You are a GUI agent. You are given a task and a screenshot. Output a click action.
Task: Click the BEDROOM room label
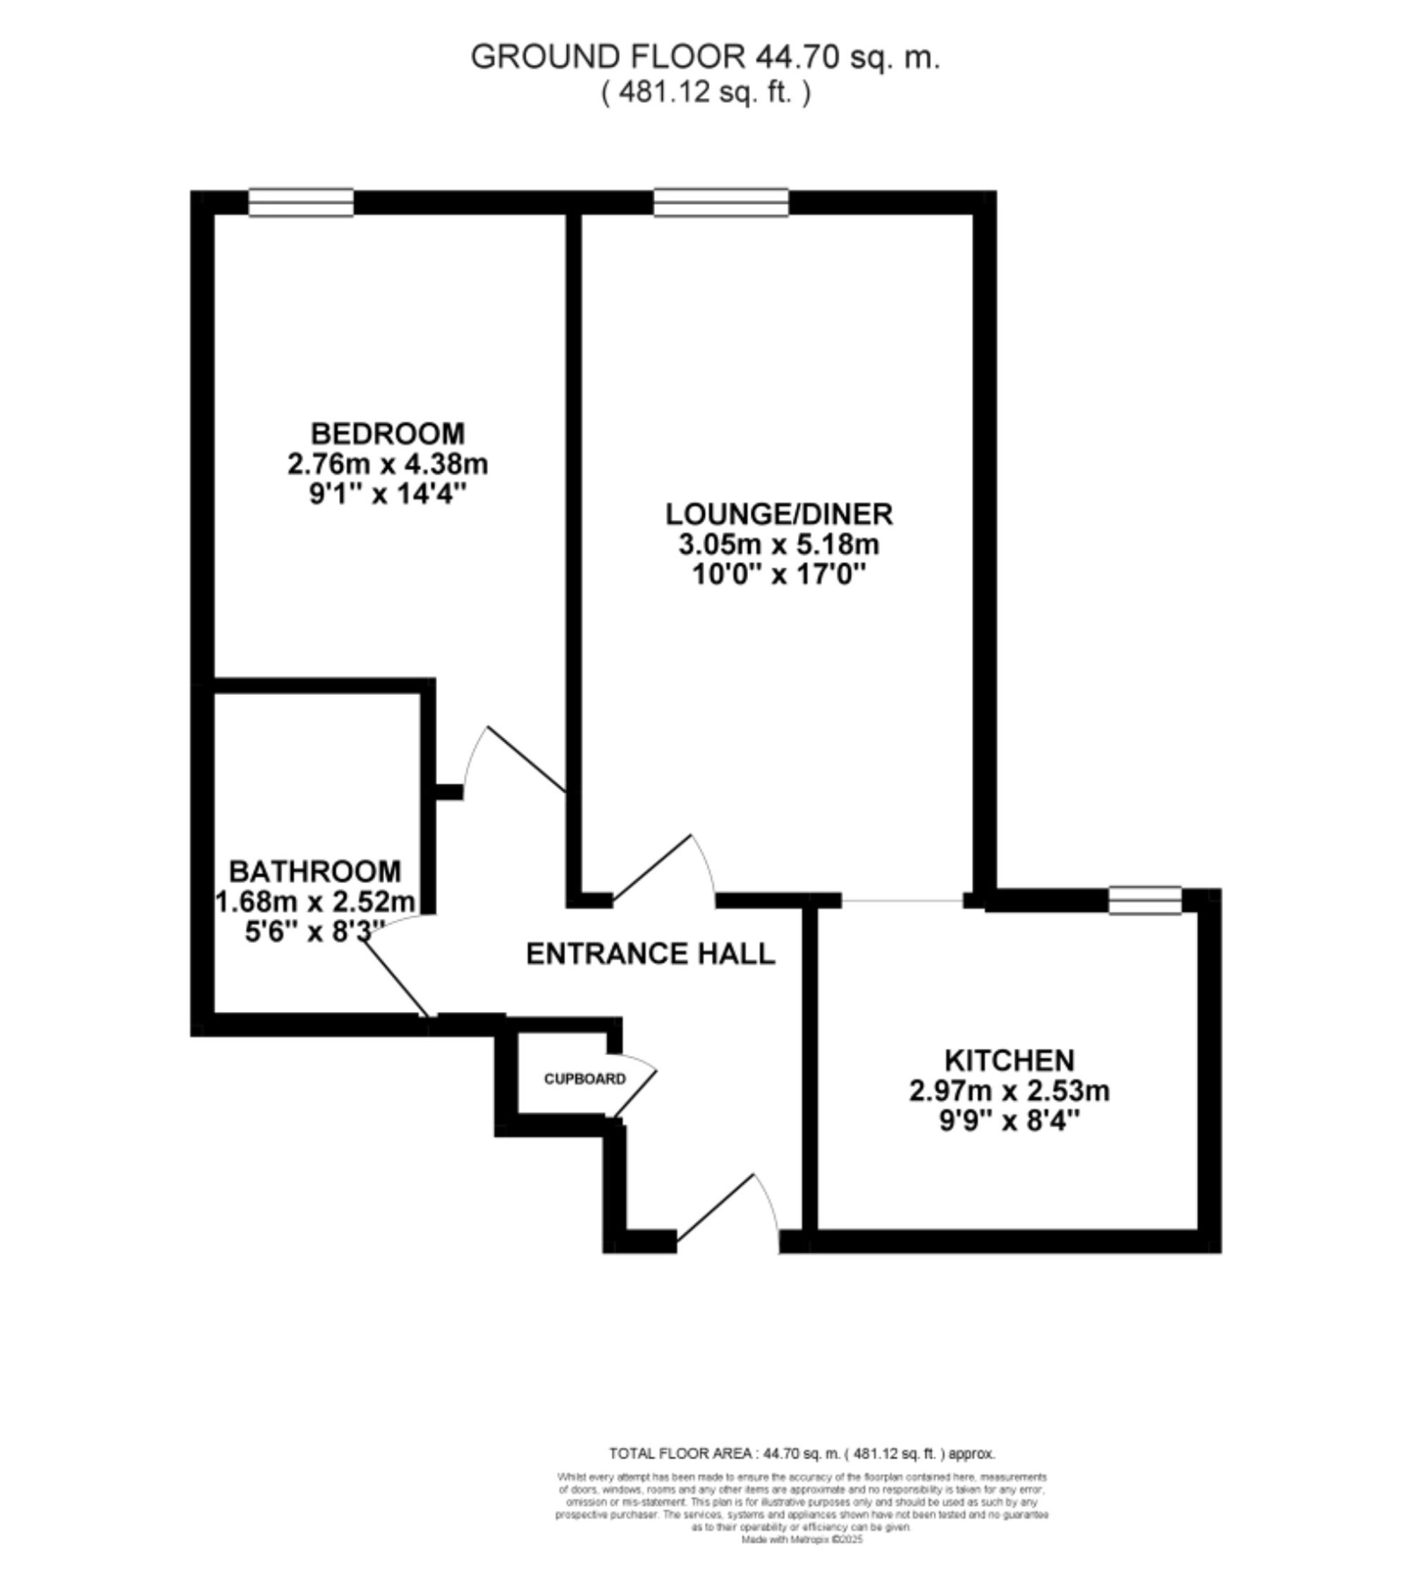pyautogui.click(x=387, y=433)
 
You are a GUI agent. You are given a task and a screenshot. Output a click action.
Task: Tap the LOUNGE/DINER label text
pyautogui.click(x=778, y=515)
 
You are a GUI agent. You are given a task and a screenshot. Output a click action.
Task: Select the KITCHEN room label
pyautogui.click(x=1009, y=1060)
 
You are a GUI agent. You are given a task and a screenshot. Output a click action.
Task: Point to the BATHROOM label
pyautogui.click(x=314, y=872)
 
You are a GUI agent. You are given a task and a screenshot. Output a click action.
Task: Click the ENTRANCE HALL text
pyautogui.click(x=650, y=954)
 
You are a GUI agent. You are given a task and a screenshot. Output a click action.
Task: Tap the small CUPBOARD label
pyautogui.click(x=584, y=1079)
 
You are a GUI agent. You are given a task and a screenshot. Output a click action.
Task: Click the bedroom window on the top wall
pyautogui.click(x=300, y=202)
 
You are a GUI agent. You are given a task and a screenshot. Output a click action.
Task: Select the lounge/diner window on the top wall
pyautogui.click(x=721, y=202)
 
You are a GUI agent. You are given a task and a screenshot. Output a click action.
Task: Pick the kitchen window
pyautogui.click(x=1144, y=900)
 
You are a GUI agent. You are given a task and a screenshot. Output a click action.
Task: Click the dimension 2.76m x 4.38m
pyautogui.click(x=387, y=464)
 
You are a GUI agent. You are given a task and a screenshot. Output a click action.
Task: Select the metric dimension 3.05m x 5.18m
pyautogui.click(x=778, y=546)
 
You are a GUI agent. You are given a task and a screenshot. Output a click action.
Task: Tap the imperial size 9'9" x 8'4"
pyautogui.click(x=1009, y=1121)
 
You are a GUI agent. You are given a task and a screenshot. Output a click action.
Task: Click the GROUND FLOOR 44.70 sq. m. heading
pyautogui.click(x=705, y=57)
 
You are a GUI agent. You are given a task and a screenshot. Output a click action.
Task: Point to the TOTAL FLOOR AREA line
pyautogui.click(x=801, y=1454)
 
